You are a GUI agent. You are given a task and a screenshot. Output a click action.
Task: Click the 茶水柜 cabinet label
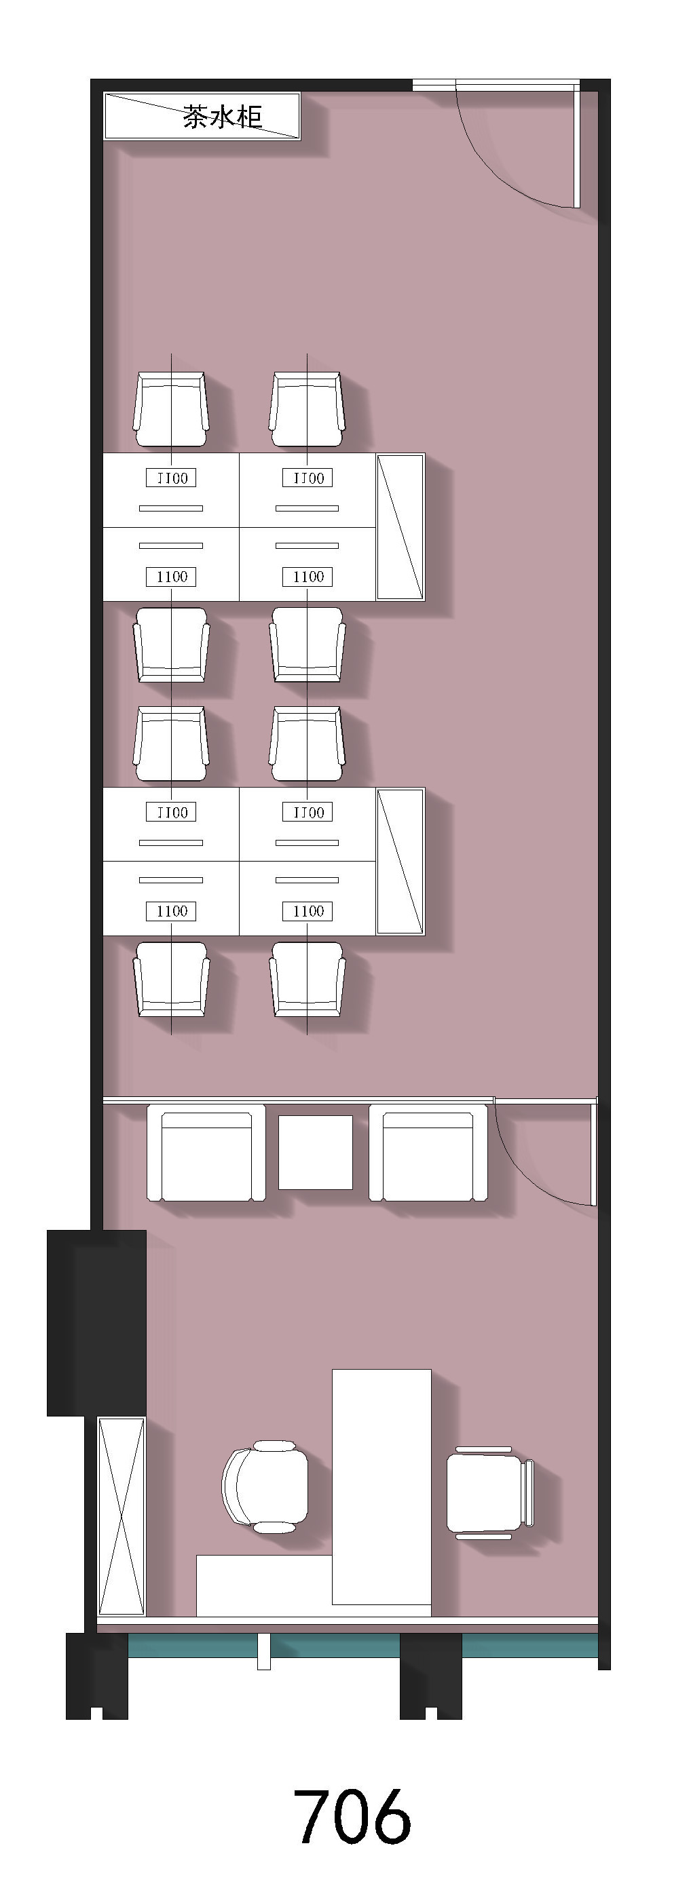[x=222, y=117]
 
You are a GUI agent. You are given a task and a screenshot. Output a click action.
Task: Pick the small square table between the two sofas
[x=315, y=1152]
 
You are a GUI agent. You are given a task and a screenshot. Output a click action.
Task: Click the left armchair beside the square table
[x=206, y=1153]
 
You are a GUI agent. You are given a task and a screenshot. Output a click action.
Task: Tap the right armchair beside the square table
[x=428, y=1153]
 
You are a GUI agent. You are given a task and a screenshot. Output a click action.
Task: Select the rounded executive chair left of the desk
[x=265, y=1487]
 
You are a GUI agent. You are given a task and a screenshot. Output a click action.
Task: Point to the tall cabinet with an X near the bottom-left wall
[x=122, y=1516]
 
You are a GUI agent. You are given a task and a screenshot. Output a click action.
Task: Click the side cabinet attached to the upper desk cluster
[x=401, y=527]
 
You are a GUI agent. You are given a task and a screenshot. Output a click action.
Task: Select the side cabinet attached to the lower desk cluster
[x=401, y=861]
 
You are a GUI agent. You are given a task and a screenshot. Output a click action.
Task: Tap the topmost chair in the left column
[x=171, y=409]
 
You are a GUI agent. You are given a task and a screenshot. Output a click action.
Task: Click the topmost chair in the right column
[x=307, y=409]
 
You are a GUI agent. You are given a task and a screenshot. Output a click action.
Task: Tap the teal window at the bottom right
[x=530, y=1645]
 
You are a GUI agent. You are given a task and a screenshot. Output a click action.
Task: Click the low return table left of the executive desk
[x=264, y=1585]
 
